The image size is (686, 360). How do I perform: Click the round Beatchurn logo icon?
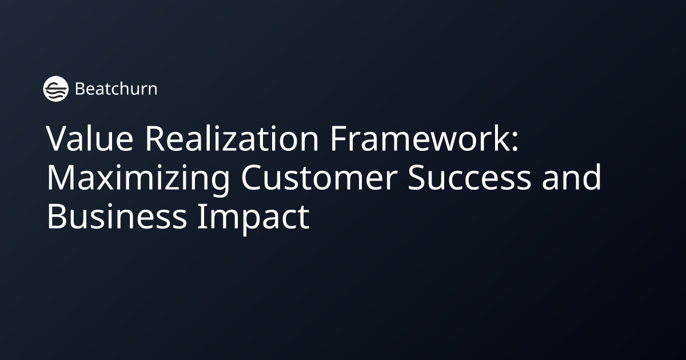(x=55, y=89)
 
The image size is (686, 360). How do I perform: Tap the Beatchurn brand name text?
(x=116, y=89)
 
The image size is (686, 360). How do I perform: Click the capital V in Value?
(x=57, y=140)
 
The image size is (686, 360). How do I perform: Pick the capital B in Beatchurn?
(x=80, y=89)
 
